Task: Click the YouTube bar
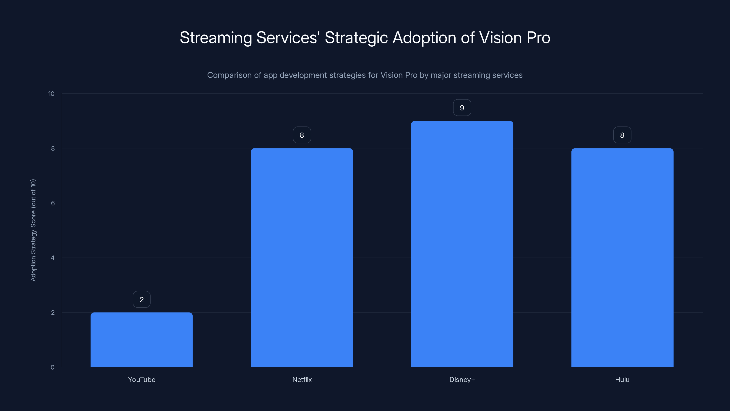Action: [141, 340]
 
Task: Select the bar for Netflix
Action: [302, 258]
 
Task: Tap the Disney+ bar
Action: [462, 244]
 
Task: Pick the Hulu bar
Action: [622, 258]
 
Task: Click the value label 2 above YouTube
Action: [141, 300]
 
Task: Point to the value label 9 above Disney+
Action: [462, 108]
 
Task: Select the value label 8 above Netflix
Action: [302, 135]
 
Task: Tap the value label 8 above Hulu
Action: [622, 135]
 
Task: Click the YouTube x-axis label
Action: [141, 379]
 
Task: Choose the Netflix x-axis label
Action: [302, 379]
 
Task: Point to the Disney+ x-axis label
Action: [462, 379]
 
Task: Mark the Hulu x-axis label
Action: [622, 379]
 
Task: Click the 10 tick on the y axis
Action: [51, 94]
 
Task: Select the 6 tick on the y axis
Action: [53, 203]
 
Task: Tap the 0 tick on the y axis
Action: [52, 367]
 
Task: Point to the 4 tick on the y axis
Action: [52, 258]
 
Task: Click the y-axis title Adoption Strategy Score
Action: [34, 230]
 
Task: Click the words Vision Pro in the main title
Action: [514, 38]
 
